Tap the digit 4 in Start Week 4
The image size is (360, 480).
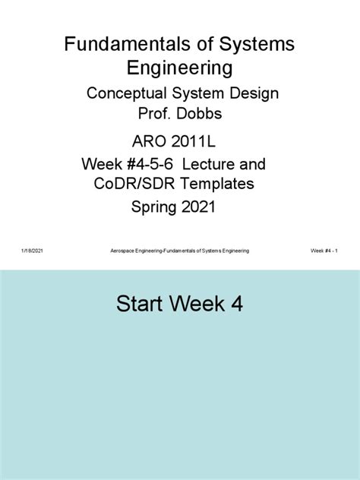[238, 305]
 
